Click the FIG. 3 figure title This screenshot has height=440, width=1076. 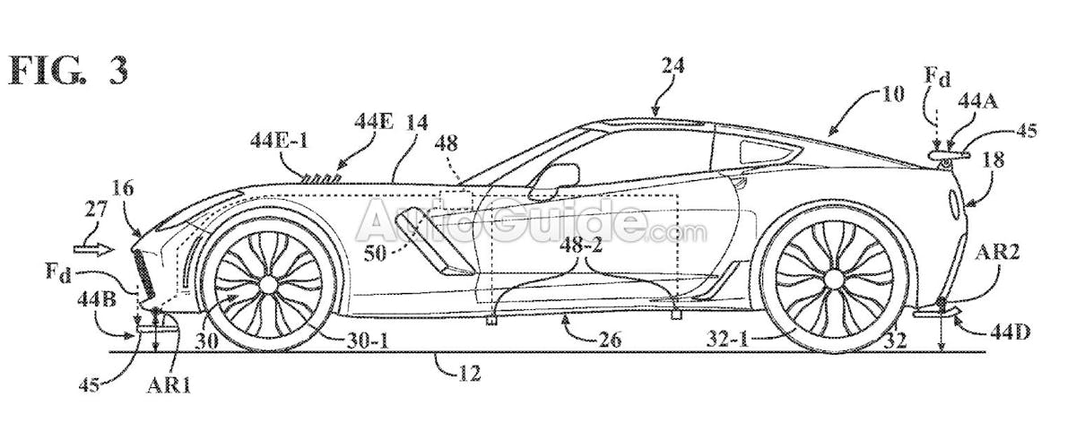[x=69, y=71]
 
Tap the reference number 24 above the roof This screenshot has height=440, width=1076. [x=672, y=65]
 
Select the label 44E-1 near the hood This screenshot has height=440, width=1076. [x=280, y=142]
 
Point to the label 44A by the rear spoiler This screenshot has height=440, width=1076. [x=978, y=102]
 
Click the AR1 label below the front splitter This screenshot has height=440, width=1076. [x=169, y=384]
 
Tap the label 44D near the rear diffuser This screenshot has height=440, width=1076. [x=1011, y=332]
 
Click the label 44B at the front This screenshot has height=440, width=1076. [x=97, y=300]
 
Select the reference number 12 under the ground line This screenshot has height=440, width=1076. [x=468, y=374]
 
